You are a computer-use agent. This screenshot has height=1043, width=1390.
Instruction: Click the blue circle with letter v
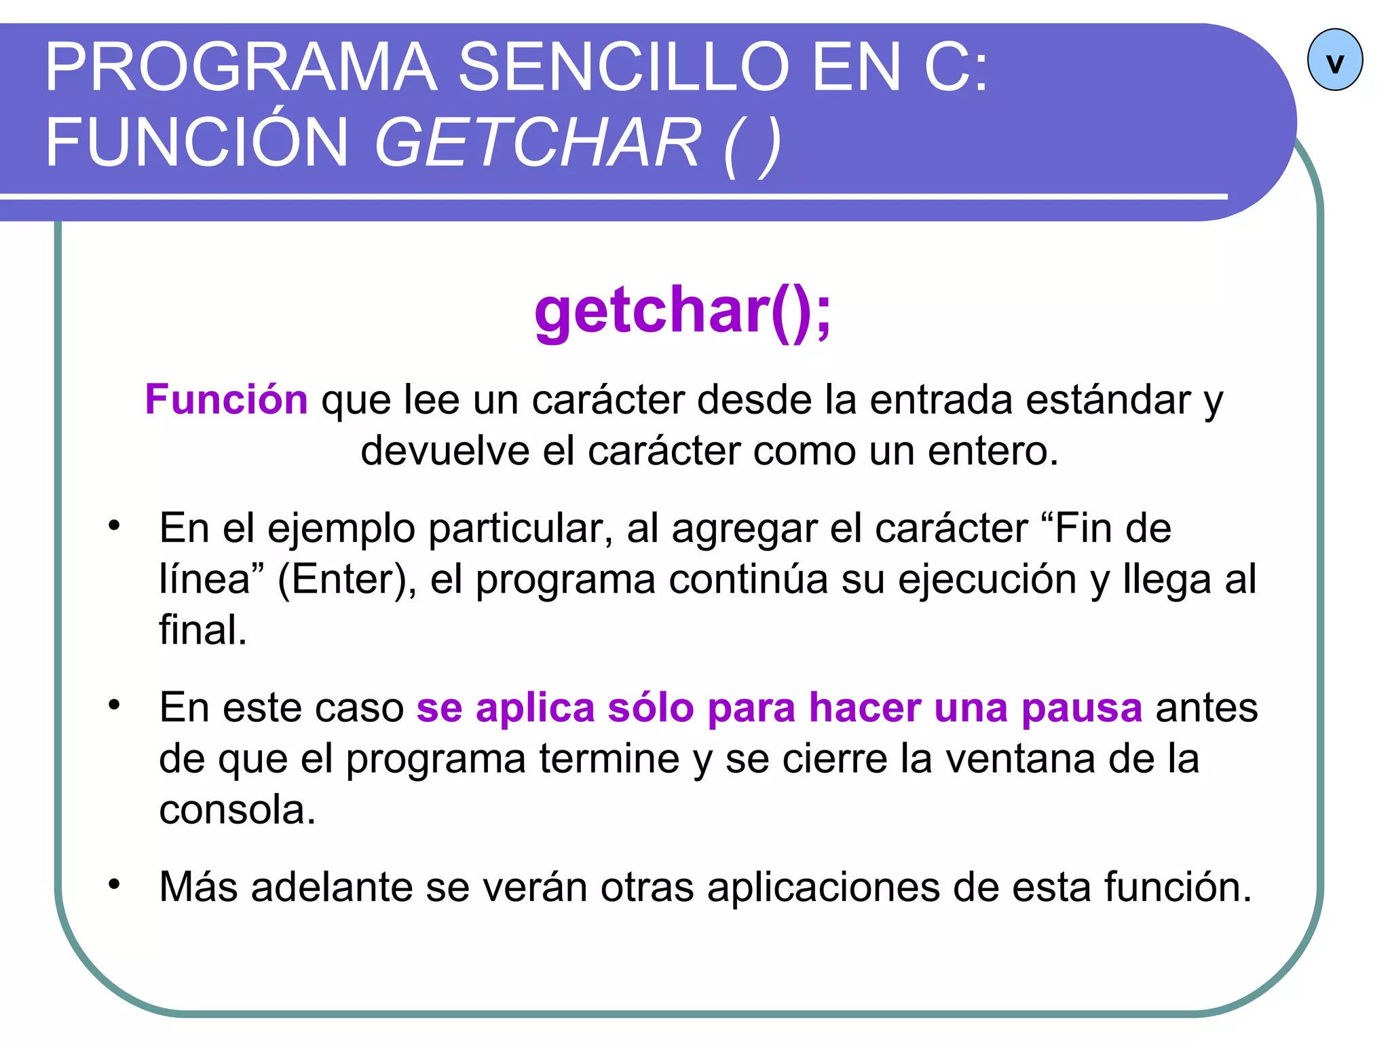[x=1334, y=60]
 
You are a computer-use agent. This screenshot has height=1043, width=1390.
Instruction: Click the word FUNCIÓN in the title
[x=197, y=142]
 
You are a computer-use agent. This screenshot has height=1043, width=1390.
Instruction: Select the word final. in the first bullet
[x=203, y=629]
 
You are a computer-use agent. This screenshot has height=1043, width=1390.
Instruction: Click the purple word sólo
[x=650, y=708]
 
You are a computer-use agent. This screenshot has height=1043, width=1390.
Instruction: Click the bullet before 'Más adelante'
[x=114, y=884]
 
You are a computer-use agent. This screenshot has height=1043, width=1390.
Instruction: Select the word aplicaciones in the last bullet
[x=823, y=887]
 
